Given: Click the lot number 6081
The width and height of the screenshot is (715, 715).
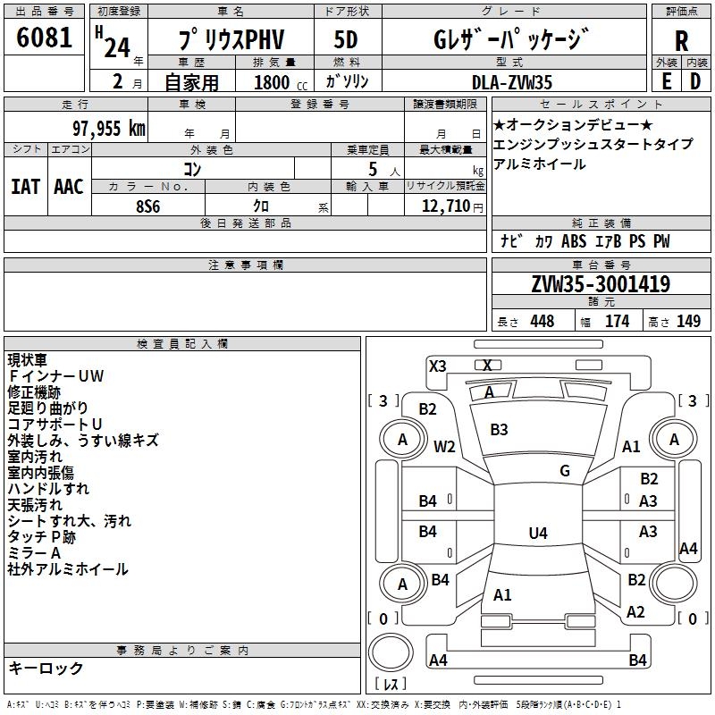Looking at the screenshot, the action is (x=44, y=39).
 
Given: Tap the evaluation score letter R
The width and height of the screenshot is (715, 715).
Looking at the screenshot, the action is (x=681, y=41).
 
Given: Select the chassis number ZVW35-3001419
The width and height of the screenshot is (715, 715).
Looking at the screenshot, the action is (x=600, y=285).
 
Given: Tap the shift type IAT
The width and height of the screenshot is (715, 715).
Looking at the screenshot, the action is (x=26, y=187).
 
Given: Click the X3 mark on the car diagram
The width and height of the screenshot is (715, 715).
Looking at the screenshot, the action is (x=438, y=366).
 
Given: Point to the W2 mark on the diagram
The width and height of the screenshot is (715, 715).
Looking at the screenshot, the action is (x=444, y=447).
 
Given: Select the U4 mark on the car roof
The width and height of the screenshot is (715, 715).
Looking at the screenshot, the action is (x=537, y=534).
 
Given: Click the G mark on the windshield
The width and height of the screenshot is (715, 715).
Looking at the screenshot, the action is (x=565, y=471).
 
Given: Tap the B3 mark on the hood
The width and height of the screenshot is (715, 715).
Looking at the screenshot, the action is (x=499, y=430).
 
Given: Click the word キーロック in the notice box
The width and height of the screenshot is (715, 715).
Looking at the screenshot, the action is (x=46, y=668).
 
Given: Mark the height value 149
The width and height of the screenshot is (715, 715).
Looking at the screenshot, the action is (x=688, y=322).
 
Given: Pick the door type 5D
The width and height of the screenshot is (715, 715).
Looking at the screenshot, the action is (x=346, y=41).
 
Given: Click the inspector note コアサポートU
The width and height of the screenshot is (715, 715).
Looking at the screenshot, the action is (x=56, y=424).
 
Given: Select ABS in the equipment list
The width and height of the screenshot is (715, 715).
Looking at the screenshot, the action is (x=573, y=241).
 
